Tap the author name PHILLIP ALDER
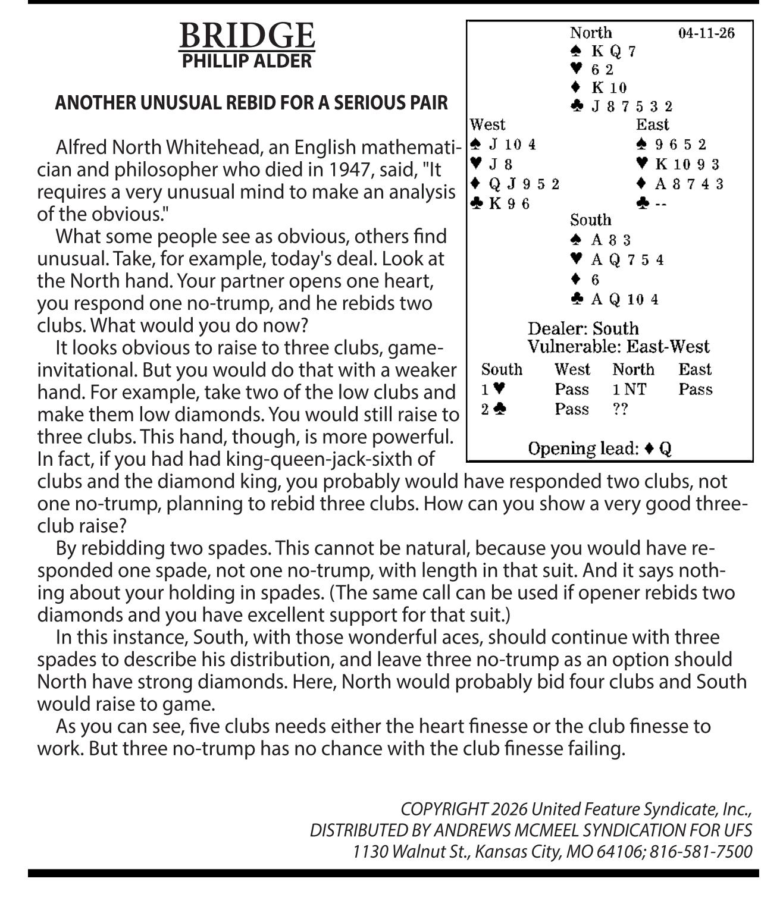[247, 61]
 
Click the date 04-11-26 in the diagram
[706, 33]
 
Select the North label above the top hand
[591, 33]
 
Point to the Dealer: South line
[583, 328]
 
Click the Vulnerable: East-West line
[618, 347]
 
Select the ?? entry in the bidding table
[621, 409]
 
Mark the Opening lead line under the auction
[600, 448]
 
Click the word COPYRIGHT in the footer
[444, 809]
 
